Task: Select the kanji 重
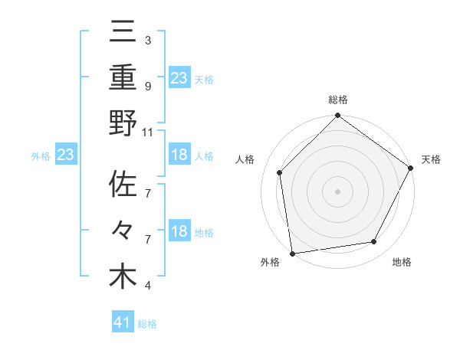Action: point(123,78)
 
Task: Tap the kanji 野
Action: point(123,123)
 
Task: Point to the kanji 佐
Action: point(123,186)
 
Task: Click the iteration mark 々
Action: point(123,232)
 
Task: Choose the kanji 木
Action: point(123,277)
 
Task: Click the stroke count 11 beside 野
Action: point(148,132)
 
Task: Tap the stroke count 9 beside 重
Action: point(147,86)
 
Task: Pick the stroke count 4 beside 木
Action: point(147,286)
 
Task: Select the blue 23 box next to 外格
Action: point(66,155)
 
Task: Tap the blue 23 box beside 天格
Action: point(179,77)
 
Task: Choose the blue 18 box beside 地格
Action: point(179,232)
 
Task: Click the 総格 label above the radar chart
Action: point(337,100)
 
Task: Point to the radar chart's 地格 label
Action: point(402,262)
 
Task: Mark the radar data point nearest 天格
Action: point(411,168)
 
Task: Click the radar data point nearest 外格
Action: point(292,253)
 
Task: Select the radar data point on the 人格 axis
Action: point(280,172)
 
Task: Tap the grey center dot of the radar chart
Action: point(337,191)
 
